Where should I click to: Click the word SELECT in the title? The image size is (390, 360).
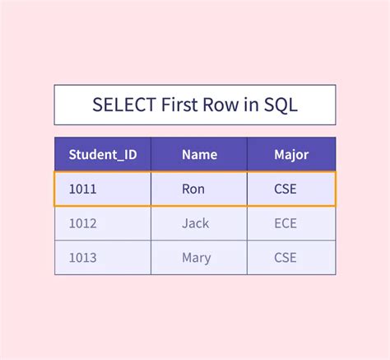point(118,105)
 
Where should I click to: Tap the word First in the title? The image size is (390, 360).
point(174,105)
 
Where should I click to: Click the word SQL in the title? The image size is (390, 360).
point(281,105)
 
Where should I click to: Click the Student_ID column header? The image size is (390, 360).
point(103,154)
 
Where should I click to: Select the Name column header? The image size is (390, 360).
point(199,154)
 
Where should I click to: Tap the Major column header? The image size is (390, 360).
point(291,154)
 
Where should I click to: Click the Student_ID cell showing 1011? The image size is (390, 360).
point(82,189)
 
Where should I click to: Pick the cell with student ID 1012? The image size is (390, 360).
point(82,223)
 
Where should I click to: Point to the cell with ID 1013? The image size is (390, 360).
point(82,258)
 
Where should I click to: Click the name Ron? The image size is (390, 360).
point(193,189)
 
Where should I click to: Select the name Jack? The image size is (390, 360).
point(195,223)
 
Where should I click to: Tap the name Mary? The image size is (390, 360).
point(196,258)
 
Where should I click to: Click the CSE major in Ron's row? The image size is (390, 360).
point(286,189)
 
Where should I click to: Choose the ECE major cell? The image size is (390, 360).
point(286,223)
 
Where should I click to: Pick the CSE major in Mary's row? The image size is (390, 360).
point(286,258)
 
